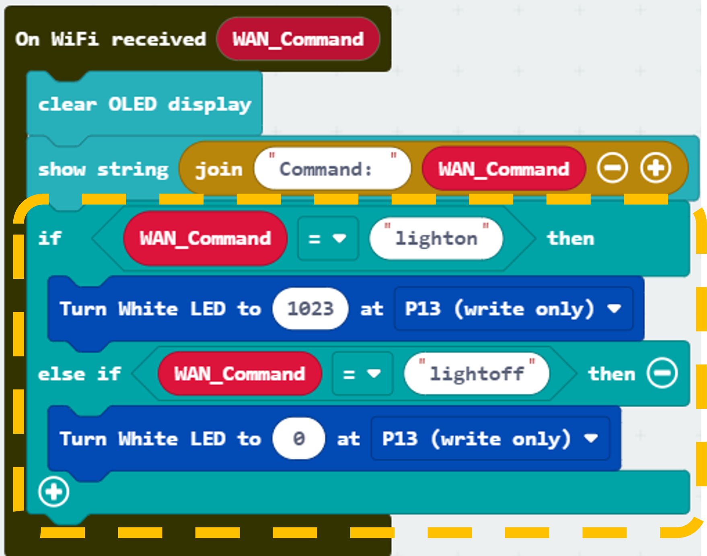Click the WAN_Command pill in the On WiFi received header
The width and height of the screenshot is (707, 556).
pos(298,39)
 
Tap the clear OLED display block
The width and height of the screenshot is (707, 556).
pos(144,104)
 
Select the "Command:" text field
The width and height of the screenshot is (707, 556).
pos(333,169)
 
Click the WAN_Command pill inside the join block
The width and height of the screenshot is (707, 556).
pos(504,169)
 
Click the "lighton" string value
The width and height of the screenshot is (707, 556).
pos(436,238)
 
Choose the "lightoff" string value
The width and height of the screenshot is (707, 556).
pos(477,373)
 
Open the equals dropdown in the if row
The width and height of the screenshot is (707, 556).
pos(328,239)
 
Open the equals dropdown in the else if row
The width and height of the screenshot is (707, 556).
pos(362,374)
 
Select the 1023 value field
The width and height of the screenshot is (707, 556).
pos(310,309)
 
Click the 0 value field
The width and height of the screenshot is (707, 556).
pos(298,438)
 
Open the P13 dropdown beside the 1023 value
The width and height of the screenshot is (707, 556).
pos(514,309)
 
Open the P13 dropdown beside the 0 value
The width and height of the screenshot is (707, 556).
pos(490,438)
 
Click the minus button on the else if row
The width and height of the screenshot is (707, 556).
pos(662,373)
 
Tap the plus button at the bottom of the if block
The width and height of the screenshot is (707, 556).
pos(53,492)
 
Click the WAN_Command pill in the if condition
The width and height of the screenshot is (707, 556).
pos(205,238)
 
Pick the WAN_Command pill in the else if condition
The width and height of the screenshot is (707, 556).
pos(240,373)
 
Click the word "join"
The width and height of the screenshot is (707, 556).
pos(219,169)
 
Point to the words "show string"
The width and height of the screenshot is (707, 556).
pos(103,169)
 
